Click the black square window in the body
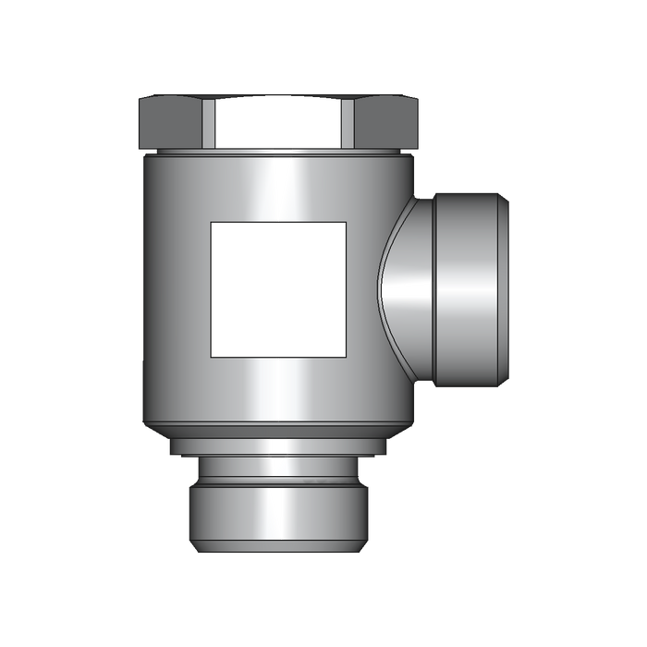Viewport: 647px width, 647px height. pos(278,288)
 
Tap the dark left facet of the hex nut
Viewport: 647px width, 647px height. pos(171,121)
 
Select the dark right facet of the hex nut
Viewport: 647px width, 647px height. pos(385,121)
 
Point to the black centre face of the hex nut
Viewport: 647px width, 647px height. pos(278,121)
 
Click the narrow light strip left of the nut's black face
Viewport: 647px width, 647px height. pos(209,121)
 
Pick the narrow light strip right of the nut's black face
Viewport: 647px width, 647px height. pos(348,121)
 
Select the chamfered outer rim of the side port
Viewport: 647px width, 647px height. pos(504,288)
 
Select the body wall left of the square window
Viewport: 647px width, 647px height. pos(176,288)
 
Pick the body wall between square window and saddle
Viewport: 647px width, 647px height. pos(365,288)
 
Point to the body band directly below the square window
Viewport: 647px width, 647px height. pos(278,388)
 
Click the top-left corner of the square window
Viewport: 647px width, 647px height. pos(214,225)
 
